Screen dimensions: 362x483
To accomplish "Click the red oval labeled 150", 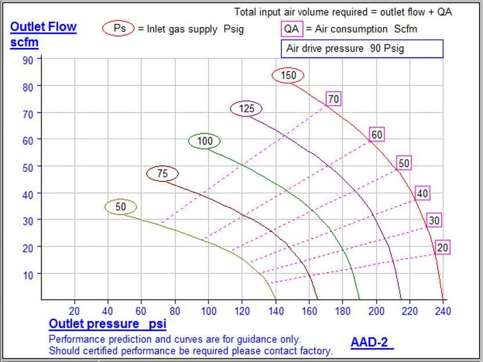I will tap(288, 75).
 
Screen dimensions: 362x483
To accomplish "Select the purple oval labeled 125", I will tap(246, 108).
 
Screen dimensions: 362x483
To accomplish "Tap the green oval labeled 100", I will tap(204, 141).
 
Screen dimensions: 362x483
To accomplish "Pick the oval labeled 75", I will tap(163, 173).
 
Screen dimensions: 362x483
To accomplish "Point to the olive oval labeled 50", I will tap(121, 207).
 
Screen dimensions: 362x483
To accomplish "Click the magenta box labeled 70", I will tap(333, 99).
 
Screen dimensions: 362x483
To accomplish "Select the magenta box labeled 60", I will tap(377, 135).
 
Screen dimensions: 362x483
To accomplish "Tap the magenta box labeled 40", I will tap(423, 193).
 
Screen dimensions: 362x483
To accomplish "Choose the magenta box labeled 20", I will tap(442, 248).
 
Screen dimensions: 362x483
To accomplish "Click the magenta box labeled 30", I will tap(434, 220).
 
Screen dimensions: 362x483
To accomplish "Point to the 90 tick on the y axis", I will tap(28, 59).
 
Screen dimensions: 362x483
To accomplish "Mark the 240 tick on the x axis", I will tap(444, 311).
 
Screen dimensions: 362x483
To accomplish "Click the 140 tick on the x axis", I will tap(276, 311).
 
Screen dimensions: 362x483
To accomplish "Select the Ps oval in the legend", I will tap(119, 28).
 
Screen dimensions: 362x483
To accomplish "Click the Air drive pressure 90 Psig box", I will tap(362, 48).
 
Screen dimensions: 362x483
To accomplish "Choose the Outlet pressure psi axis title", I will tap(107, 324).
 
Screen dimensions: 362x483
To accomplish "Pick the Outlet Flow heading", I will tap(44, 27).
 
